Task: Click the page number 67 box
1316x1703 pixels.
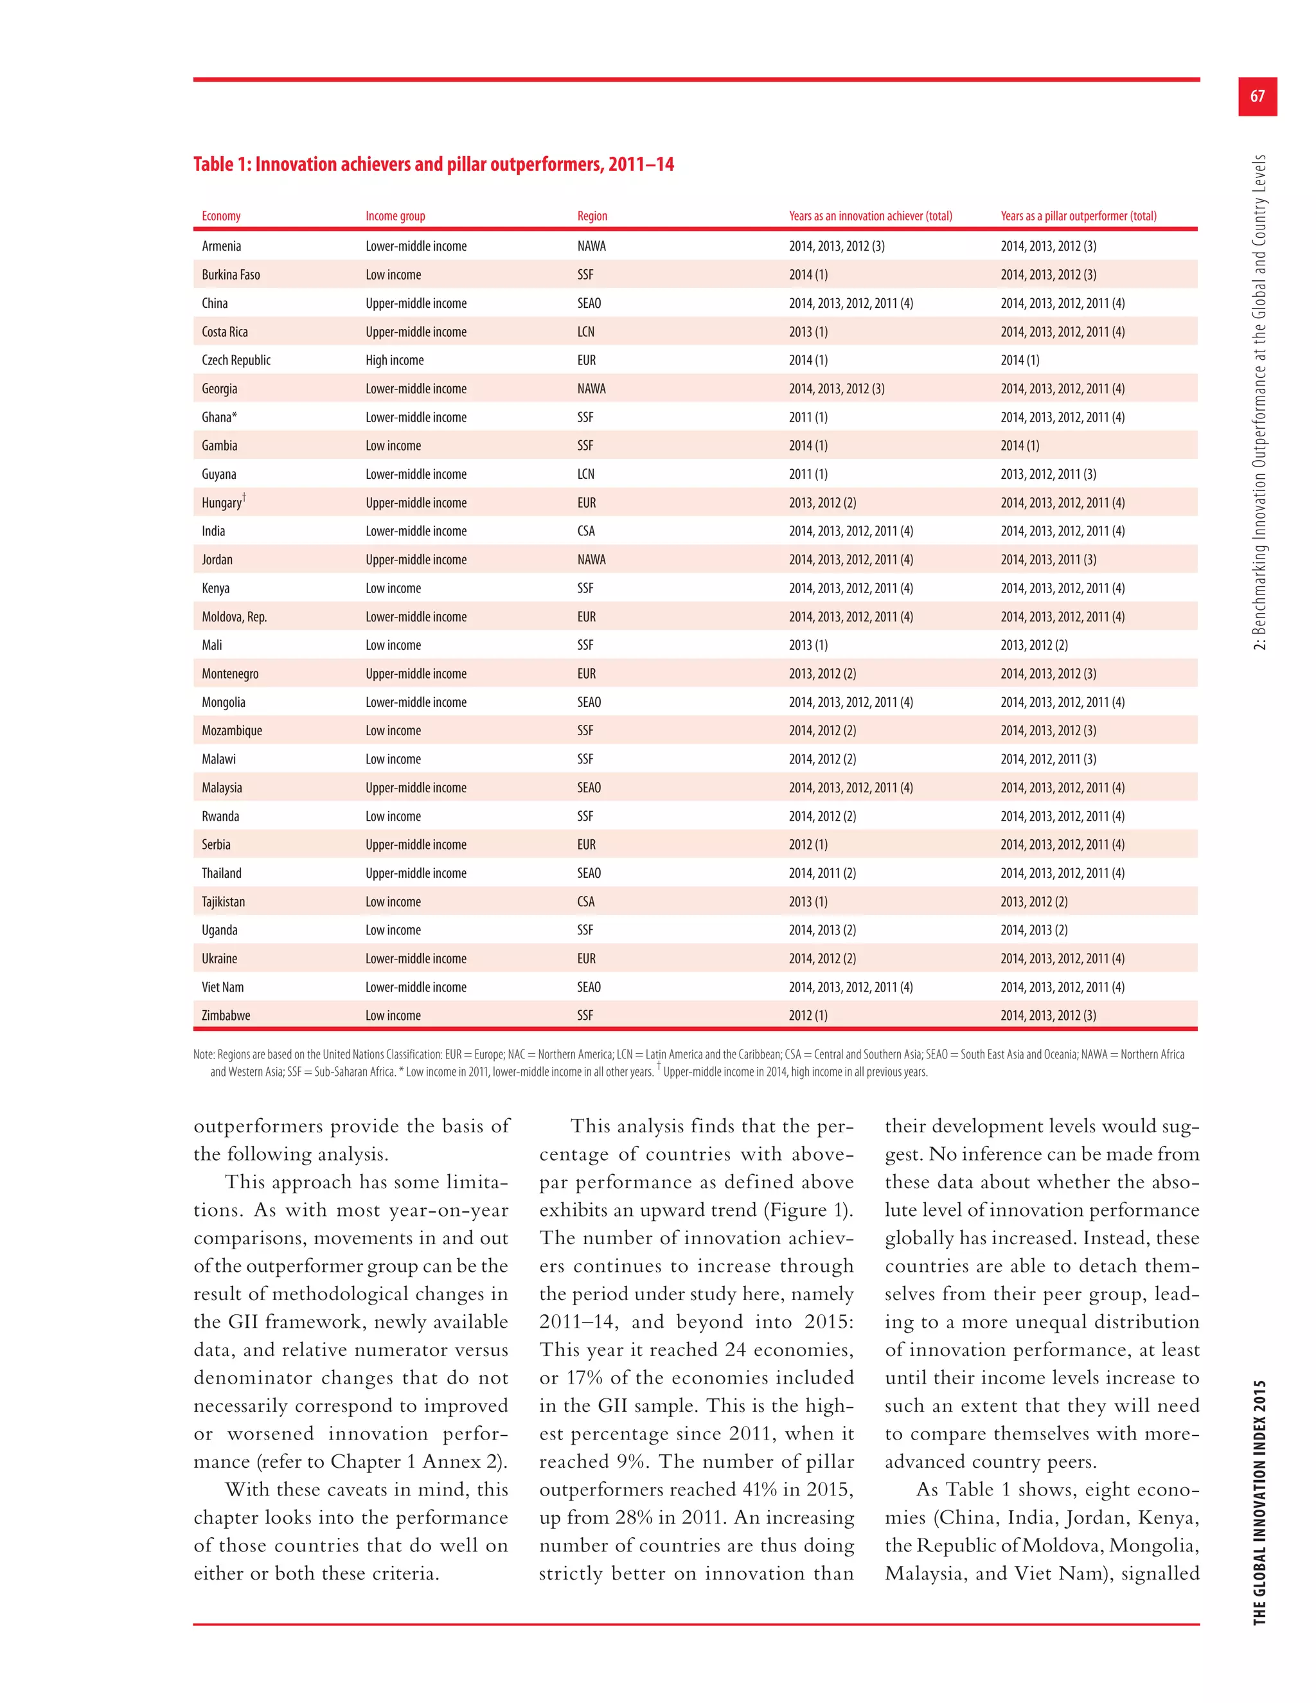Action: tap(1257, 96)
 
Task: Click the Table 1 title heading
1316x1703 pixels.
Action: tap(434, 165)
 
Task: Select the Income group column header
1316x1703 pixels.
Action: tap(395, 216)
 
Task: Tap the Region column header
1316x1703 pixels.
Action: tap(592, 216)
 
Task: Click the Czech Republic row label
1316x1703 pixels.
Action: tap(236, 361)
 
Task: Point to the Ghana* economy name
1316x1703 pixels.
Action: tap(219, 417)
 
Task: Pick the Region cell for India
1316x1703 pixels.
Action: tap(585, 531)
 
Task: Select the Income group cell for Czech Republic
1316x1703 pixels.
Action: tap(395, 361)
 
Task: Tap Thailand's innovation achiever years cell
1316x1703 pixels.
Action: tap(822, 873)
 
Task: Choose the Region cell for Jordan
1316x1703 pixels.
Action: tap(591, 560)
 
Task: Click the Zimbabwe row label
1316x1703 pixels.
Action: tap(226, 1015)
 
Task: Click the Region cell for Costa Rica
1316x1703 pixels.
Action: tap(585, 332)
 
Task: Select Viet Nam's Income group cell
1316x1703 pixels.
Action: tap(416, 987)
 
